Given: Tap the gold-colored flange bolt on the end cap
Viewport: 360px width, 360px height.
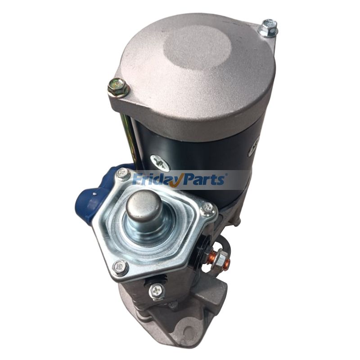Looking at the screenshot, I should [118, 87].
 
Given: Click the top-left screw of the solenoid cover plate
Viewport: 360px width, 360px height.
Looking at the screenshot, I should [122, 174].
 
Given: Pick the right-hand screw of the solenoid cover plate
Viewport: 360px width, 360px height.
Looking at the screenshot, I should [207, 208].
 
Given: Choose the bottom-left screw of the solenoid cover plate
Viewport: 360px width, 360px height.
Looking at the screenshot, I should [120, 267].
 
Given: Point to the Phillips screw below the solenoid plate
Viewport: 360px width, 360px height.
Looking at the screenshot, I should [157, 291].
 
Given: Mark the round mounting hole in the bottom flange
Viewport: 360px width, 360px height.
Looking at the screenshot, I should [189, 328].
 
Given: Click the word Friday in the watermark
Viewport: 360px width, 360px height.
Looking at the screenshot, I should [155, 180].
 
